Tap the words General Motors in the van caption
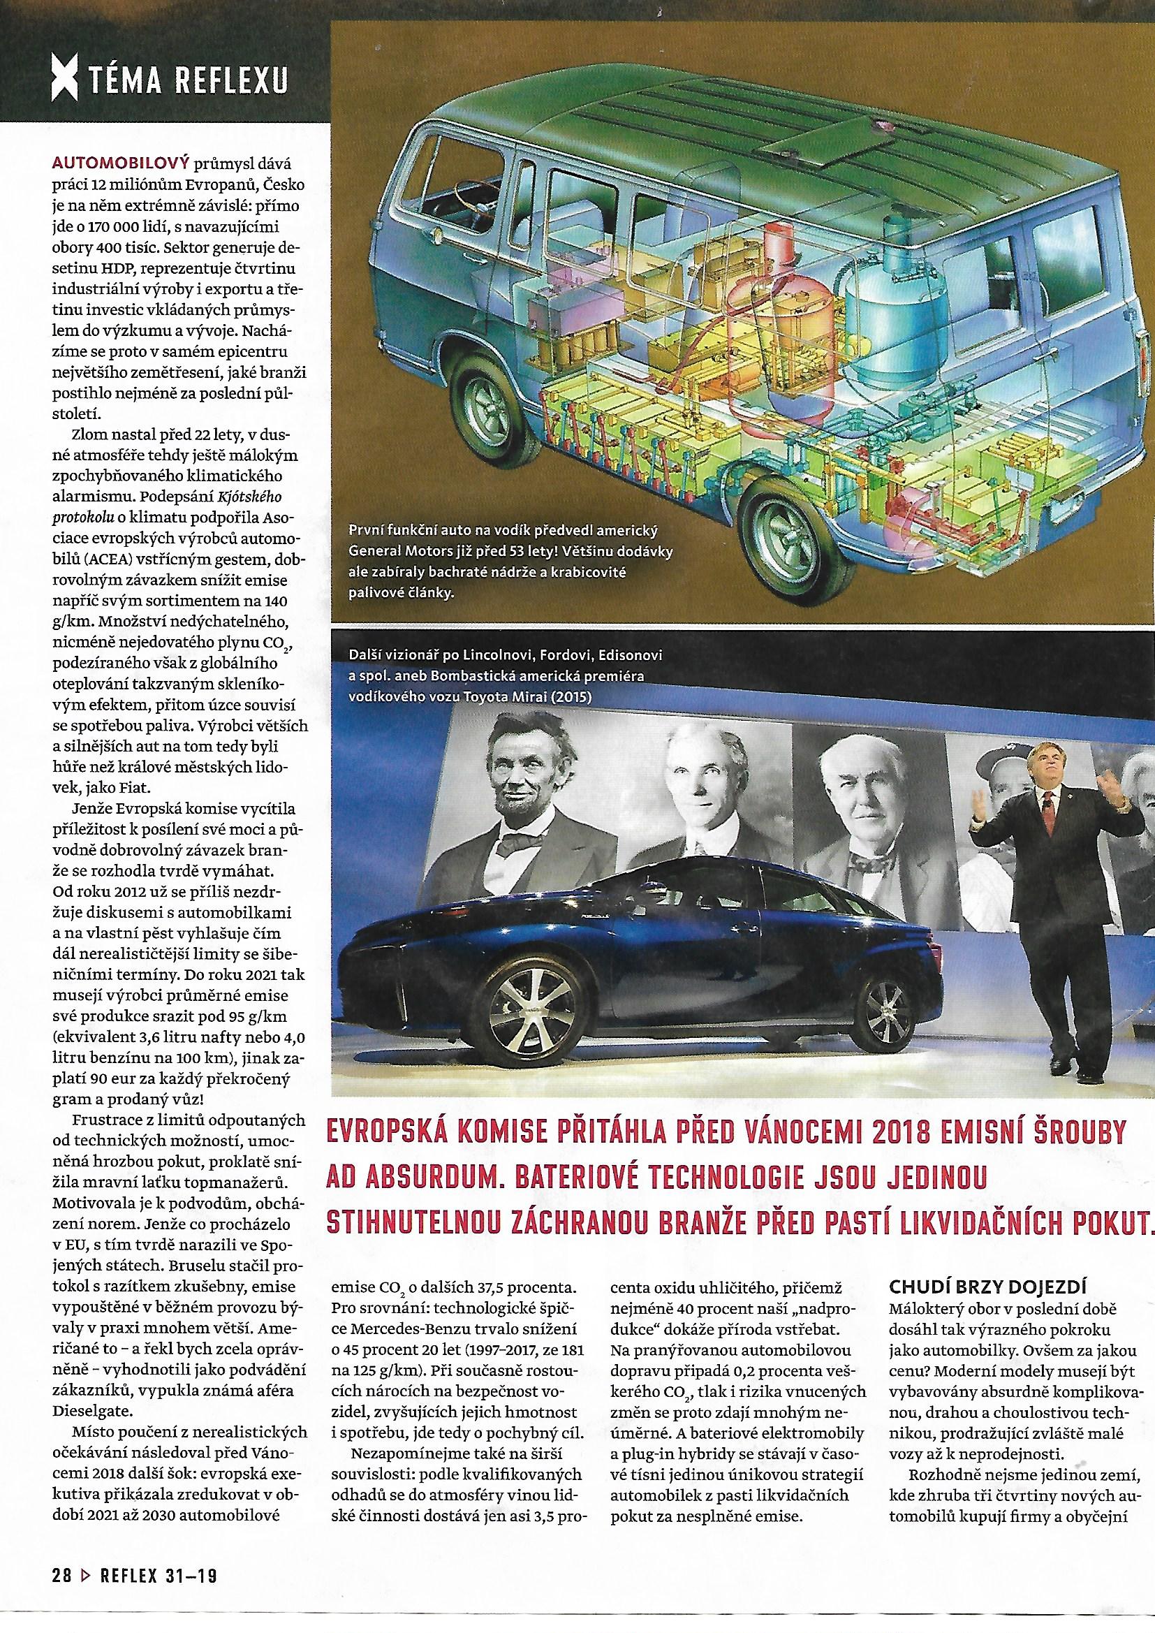397,552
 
